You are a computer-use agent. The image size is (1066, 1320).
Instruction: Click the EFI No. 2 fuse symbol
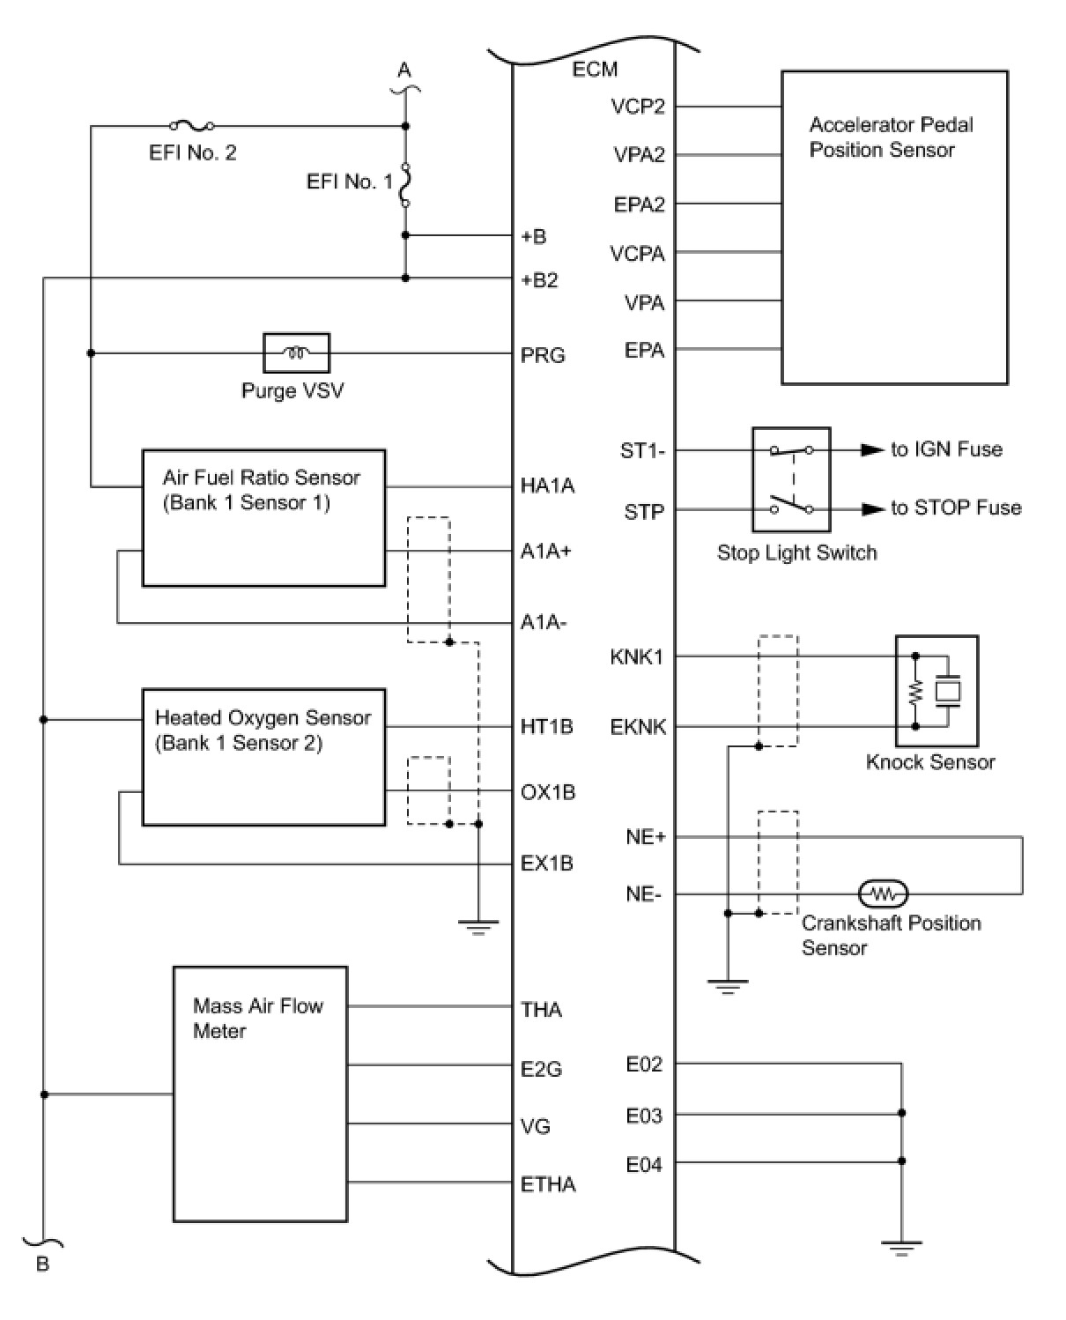click(x=192, y=126)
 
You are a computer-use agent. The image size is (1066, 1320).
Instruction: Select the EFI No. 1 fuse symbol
click(x=405, y=184)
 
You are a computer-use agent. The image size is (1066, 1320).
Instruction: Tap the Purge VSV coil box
click(x=296, y=353)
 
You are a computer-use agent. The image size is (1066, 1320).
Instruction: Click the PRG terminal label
click(x=542, y=355)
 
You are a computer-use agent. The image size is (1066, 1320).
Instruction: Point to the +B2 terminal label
click(x=539, y=280)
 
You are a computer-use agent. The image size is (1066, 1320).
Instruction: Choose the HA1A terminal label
click(x=547, y=486)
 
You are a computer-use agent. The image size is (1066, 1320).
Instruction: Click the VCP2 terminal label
click(x=638, y=107)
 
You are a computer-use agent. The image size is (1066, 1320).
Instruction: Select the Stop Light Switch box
click(x=790, y=479)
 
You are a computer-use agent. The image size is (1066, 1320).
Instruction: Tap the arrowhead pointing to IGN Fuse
click(x=872, y=450)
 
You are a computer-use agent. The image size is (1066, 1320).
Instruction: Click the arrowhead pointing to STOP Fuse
click(x=872, y=509)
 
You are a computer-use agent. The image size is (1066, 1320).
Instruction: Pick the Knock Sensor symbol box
click(x=936, y=691)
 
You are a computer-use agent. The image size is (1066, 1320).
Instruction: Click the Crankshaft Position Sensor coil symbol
click(x=882, y=894)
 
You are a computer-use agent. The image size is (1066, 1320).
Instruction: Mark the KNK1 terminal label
click(x=636, y=656)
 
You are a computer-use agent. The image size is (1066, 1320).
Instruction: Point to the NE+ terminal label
click(x=645, y=837)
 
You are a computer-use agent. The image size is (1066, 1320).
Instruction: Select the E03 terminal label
click(x=643, y=1116)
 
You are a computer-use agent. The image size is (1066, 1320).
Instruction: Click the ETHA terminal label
click(x=548, y=1184)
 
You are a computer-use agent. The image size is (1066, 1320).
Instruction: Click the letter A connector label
click(x=404, y=70)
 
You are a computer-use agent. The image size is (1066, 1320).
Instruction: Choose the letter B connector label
click(x=42, y=1264)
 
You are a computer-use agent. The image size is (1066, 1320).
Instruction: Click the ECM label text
click(x=595, y=69)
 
